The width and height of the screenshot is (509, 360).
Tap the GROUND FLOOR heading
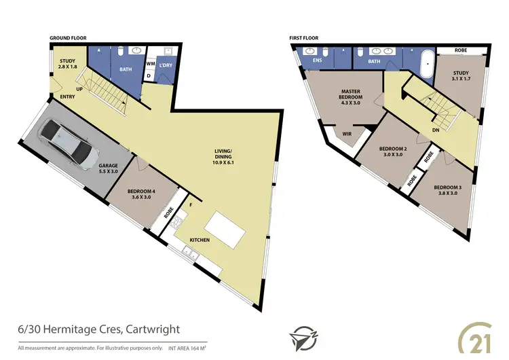69,39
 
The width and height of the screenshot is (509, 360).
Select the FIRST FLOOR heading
303,39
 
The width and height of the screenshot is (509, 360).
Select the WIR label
346,134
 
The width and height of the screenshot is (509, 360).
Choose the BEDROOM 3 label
447,191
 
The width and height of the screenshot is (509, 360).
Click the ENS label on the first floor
316,60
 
